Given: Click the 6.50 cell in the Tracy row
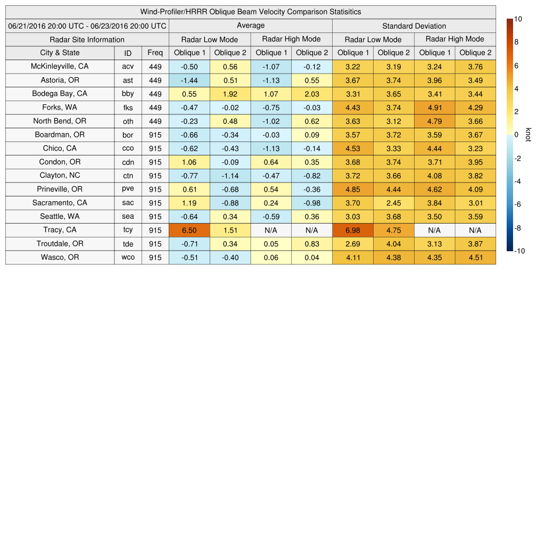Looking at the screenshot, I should coord(189,230).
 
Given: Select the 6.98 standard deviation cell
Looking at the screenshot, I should coord(352,230).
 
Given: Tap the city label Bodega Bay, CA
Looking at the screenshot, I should coord(60,94).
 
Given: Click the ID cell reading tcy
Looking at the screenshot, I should coord(128,230).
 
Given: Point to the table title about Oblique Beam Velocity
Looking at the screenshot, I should coord(251,12).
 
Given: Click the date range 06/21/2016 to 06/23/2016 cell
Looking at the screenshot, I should coord(87,26).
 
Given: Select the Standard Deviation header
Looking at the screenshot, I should coord(414,26).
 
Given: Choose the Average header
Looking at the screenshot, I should coord(250,26).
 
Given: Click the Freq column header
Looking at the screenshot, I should coord(155,53).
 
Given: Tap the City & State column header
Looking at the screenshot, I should coord(60,53).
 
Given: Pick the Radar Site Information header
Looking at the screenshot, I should coord(87,39).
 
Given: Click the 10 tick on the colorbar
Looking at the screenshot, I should coord(518,19).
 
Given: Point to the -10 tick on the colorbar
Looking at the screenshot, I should coord(519,251).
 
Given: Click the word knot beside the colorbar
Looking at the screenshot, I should coord(528,135).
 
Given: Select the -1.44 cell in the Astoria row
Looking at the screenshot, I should coord(189,80).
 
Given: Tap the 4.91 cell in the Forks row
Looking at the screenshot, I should coord(434,108).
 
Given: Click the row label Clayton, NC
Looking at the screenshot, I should coord(60,176).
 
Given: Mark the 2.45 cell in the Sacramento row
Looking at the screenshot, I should coord(393,203).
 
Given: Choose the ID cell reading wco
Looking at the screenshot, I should coord(128,258).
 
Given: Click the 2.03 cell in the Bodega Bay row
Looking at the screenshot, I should coord(311,94).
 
